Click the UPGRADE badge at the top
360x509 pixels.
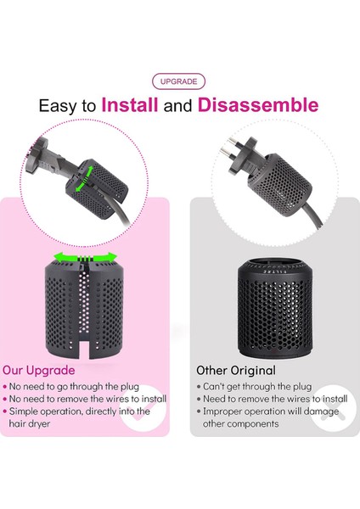click(179, 82)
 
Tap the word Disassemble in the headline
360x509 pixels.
click(258, 105)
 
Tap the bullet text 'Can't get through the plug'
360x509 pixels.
click(257, 387)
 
